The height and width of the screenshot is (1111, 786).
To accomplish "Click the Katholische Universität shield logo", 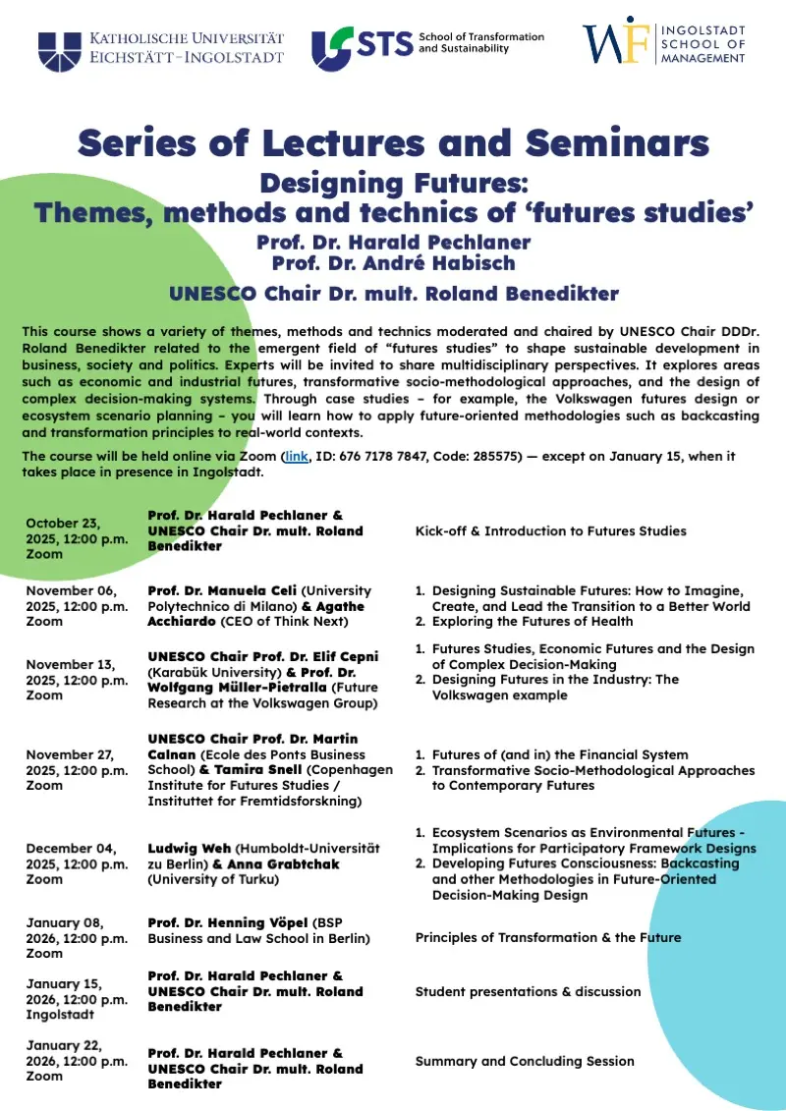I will pyautogui.click(x=59, y=50).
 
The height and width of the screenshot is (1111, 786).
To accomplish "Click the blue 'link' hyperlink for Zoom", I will pyautogui.click(x=297, y=457).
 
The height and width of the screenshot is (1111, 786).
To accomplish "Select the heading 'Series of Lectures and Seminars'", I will pyautogui.click(x=393, y=143).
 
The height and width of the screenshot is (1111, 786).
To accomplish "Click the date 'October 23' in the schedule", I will pyautogui.click(x=64, y=523).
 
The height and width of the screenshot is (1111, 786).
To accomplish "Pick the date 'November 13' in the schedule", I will pyautogui.click(x=69, y=664).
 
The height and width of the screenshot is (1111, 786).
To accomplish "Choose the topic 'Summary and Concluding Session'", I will pyautogui.click(x=525, y=1061).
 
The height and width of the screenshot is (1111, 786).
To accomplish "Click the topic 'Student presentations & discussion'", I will pyautogui.click(x=528, y=991).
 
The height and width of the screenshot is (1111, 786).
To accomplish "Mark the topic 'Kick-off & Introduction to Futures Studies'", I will pyautogui.click(x=550, y=531).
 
